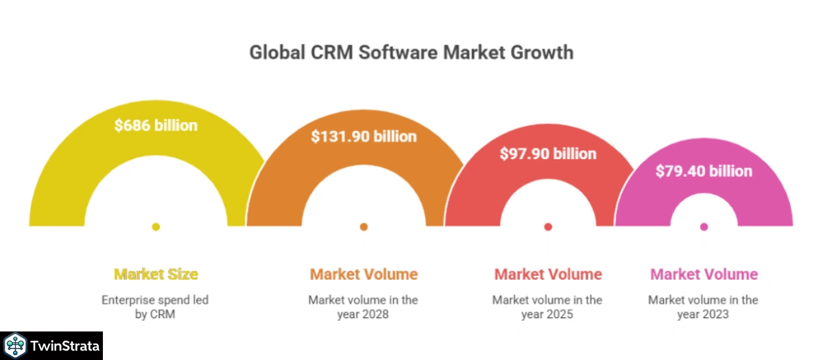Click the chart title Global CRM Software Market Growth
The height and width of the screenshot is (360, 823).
pyautogui.click(x=411, y=52)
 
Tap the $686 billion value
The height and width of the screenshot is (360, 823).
pyautogui.click(x=156, y=125)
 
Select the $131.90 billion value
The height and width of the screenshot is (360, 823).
pyautogui.click(x=363, y=136)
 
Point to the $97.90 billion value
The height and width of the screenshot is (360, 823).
pyautogui.click(x=547, y=154)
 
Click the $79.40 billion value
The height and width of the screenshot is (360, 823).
pyautogui.click(x=704, y=171)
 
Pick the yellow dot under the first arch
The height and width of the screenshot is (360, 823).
pyautogui.click(x=156, y=227)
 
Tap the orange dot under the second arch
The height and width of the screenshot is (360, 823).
pyautogui.click(x=363, y=227)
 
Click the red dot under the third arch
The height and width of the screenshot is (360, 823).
pyautogui.click(x=548, y=227)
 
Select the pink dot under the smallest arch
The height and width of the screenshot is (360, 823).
pyautogui.click(x=704, y=227)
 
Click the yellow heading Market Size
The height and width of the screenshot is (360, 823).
pyautogui.click(x=156, y=274)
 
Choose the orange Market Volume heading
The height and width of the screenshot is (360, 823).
pyautogui.click(x=363, y=274)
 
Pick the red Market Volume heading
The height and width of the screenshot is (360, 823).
pyautogui.click(x=548, y=274)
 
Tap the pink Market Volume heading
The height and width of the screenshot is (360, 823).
pyautogui.click(x=704, y=274)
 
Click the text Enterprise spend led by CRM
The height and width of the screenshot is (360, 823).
pyautogui.click(x=155, y=307)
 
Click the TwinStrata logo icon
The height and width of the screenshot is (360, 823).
pyautogui.click(x=15, y=346)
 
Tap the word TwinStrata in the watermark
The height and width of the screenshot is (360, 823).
pyautogui.click(x=64, y=346)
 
